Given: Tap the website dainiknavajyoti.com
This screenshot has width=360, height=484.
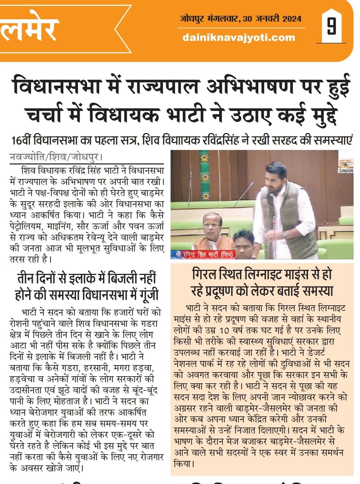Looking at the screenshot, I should [239, 37].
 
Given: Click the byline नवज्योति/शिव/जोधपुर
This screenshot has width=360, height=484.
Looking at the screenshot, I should [56, 157].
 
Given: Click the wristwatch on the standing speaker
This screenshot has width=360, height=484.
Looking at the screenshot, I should [284, 234].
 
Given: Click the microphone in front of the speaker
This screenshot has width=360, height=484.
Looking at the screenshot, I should [248, 189].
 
